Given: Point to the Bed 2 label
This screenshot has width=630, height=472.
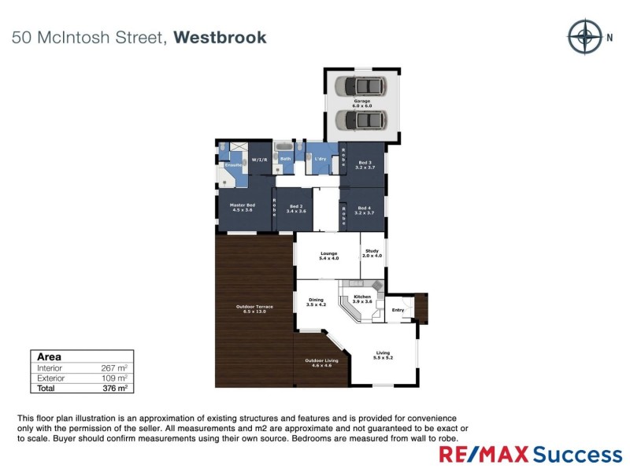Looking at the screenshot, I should (x=297, y=208).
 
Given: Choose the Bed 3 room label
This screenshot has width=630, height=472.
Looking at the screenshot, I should (x=363, y=165).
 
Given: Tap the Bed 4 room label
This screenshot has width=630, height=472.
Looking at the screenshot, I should (x=363, y=210).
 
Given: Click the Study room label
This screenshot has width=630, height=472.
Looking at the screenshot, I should (x=372, y=253).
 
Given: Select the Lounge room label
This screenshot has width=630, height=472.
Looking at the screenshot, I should (x=328, y=256).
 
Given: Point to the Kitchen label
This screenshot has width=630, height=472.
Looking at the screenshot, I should (x=361, y=299).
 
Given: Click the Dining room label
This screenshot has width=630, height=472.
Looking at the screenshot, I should (x=316, y=301).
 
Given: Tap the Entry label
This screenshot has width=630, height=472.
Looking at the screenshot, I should (x=398, y=310).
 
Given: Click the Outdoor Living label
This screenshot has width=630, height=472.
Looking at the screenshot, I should (x=321, y=363).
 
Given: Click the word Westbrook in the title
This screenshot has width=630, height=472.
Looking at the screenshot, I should (x=220, y=37).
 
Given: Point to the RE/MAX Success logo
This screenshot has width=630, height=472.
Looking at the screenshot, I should (x=530, y=454).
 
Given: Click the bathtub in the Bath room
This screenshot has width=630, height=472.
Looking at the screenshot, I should (x=283, y=147).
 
